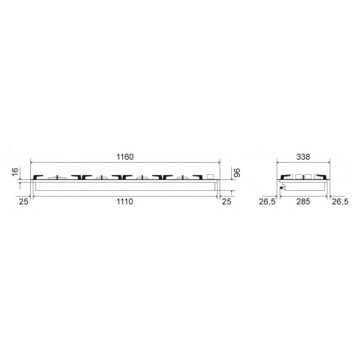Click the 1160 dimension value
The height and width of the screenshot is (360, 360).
(125, 157)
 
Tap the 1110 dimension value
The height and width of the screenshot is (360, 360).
(125, 202)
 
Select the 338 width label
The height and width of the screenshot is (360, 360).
(303, 157)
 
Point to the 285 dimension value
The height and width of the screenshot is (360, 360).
(303, 202)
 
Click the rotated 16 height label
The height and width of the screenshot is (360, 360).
(15, 172)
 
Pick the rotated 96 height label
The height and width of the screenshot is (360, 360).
(237, 173)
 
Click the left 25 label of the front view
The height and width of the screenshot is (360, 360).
(24, 202)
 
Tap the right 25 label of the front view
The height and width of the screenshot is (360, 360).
(227, 202)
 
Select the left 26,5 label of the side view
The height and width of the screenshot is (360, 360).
(267, 202)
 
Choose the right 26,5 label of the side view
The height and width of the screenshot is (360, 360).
(340, 202)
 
